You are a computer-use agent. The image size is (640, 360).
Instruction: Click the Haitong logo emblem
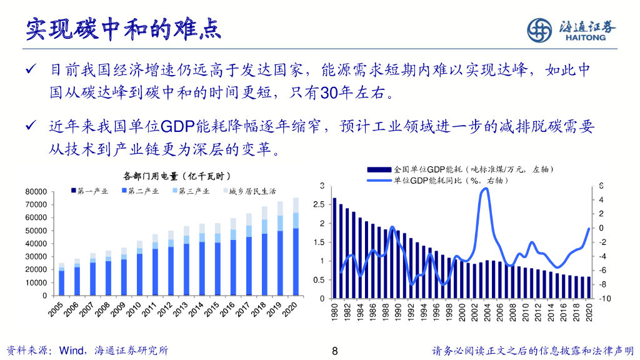[x=539, y=29]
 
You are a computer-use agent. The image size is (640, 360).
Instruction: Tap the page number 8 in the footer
[x=335, y=351]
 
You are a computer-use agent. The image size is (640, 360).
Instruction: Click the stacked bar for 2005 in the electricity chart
[x=61, y=279]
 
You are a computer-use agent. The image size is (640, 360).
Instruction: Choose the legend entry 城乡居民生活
[x=250, y=191]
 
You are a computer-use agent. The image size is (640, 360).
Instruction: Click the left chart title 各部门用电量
[x=177, y=176]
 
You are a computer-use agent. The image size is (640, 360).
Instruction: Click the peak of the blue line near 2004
[x=485, y=188]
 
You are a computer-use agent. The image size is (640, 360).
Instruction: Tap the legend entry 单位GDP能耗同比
[x=450, y=181]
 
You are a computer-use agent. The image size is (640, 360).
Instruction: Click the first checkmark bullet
[x=29, y=69]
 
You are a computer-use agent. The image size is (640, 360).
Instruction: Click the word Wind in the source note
[x=70, y=351]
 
